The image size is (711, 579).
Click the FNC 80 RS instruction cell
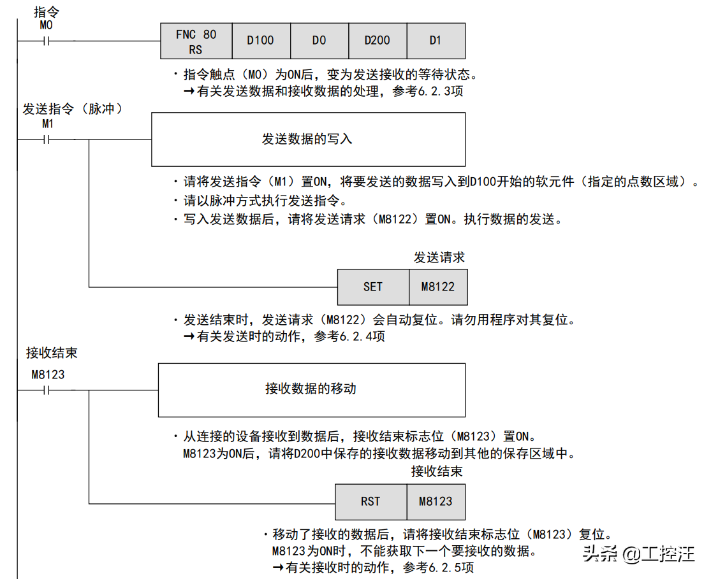click(x=196, y=41)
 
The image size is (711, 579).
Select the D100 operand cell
click(x=260, y=41)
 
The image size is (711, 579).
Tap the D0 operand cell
click(x=319, y=41)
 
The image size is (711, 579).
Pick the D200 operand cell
click(x=377, y=41)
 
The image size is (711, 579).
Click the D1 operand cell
click(x=436, y=41)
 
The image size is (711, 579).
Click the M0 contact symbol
click(x=46, y=41)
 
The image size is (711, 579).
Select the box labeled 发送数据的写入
click(x=307, y=139)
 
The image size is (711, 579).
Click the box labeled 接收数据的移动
click(x=311, y=390)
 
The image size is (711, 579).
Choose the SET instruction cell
click(x=373, y=287)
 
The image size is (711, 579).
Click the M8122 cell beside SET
click(x=438, y=287)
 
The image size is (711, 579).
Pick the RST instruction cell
click(x=370, y=502)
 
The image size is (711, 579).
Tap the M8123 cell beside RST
click(x=436, y=502)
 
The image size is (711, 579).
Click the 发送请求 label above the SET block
click(x=439, y=258)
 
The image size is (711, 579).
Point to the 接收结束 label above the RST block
click(x=436, y=472)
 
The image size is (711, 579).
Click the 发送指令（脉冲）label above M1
click(x=72, y=109)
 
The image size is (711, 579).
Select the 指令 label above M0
click(x=46, y=12)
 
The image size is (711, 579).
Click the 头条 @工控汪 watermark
click(x=637, y=554)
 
